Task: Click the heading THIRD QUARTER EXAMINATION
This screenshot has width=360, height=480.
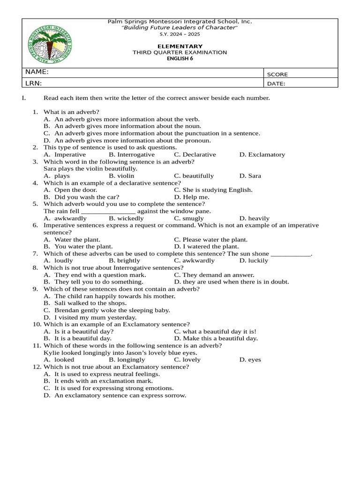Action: pos(180,52)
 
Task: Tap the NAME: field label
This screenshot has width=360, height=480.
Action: pos(37,72)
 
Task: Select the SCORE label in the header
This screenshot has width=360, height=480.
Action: pos(277,74)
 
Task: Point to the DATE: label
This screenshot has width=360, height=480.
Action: pos(277,84)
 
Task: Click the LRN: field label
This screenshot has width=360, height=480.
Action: pos(34,83)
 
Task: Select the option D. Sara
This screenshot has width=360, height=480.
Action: pos(250,176)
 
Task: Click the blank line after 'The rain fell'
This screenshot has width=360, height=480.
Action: pos(108,211)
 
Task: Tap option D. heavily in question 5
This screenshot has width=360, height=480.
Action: pos(254,218)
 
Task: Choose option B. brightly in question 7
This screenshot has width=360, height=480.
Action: pos(124,260)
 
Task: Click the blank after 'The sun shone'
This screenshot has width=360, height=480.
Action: pos(291,253)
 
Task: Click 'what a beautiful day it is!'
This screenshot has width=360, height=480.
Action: pos(215,331)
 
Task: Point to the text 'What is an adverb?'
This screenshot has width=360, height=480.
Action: pos(71,112)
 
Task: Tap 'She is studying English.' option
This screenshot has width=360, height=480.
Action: pos(213,190)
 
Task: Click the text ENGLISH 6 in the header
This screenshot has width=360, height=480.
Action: pos(180,59)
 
